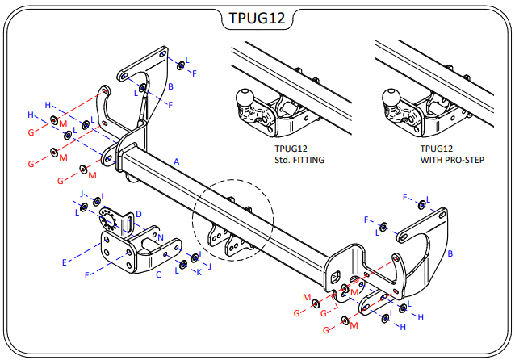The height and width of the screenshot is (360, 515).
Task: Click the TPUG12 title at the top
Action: click(x=257, y=18)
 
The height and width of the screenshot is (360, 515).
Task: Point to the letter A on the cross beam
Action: click(x=176, y=162)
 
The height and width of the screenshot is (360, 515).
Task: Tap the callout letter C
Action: click(x=158, y=274)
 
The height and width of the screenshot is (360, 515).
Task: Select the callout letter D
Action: click(x=138, y=214)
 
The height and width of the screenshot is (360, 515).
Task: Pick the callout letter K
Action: click(x=199, y=272)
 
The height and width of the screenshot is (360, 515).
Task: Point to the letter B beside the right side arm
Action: click(x=450, y=253)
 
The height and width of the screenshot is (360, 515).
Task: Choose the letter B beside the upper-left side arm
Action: click(x=170, y=86)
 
